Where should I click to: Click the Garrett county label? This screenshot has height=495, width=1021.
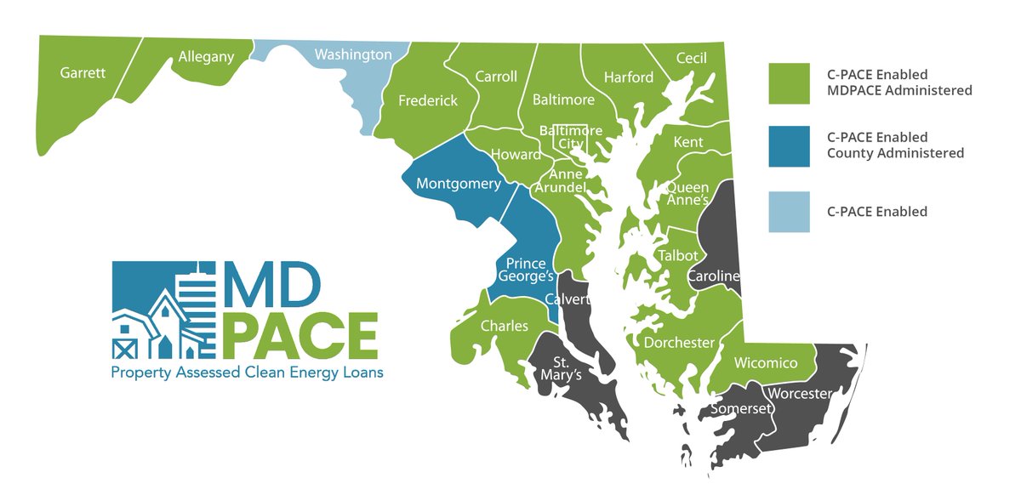coord(83,72)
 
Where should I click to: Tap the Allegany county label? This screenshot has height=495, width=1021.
coord(205,58)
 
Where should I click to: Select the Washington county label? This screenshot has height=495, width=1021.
coord(353,54)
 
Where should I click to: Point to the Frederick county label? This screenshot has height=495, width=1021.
coord(428,100)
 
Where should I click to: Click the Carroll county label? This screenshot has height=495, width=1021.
coord(496,77)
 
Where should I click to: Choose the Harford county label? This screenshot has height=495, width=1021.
coord(629,77)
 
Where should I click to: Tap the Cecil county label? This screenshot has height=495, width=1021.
coord(691,58)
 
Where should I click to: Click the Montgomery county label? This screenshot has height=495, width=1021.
coord(458,184)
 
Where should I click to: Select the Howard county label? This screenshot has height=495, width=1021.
coord(516,154)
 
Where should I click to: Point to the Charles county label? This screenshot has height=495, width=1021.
coord(505,326)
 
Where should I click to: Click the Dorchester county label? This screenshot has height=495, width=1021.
coord(679,343)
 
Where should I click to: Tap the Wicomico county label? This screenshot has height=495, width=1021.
coord(766,363)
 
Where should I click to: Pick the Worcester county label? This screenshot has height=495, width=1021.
coord(798,394)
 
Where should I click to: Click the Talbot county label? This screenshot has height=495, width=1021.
coord(677,255)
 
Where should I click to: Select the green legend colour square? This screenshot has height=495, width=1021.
coord(789,82)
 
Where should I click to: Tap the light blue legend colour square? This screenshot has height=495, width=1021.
coord(789,211)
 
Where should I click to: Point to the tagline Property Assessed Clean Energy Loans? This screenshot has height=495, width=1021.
coord(247,373)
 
